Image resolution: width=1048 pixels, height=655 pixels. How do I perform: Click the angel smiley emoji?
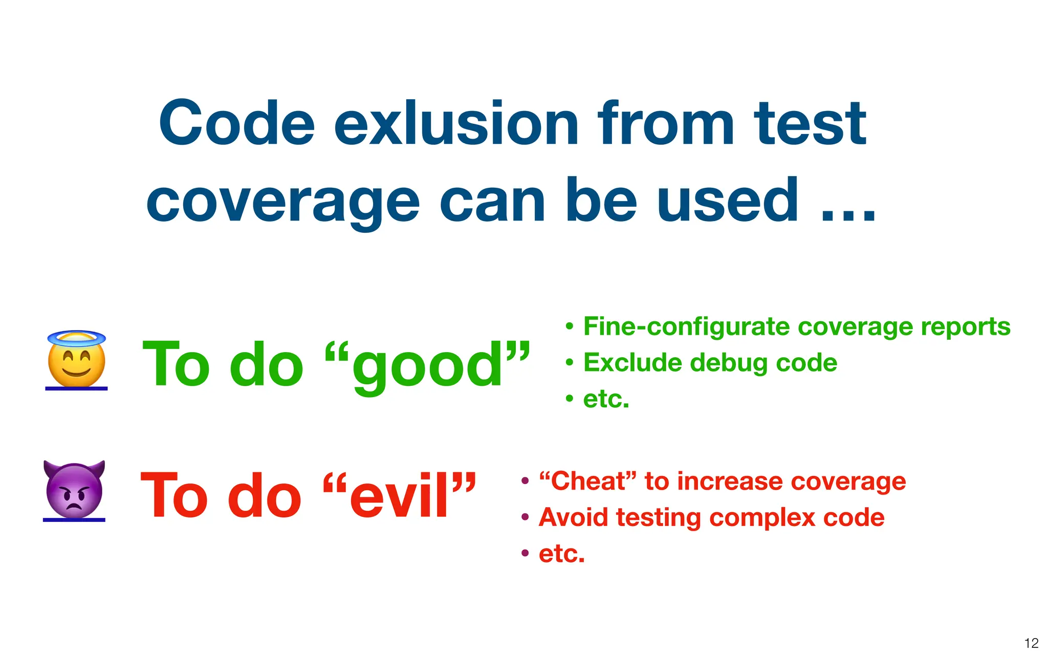(x=76, y=363)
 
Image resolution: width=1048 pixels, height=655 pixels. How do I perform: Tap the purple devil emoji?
(x=74, y=489)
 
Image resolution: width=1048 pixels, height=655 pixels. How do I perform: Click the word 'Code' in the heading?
(x=236, y=124)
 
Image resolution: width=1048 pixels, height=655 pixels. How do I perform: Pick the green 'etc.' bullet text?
(x=606, y=399)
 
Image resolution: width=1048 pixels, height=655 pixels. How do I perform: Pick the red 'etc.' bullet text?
(x=561, y=554)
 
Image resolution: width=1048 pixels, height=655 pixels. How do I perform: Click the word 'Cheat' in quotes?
(x=588, y=482)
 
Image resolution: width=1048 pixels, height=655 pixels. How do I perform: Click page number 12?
(x=1031, y=643)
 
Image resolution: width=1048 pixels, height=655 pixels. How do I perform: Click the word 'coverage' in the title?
(x=282, y=202)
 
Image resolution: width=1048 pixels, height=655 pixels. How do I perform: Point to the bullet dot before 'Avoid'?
(x=525, y=517)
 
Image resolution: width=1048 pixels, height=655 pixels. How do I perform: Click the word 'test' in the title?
(x=810, y=124)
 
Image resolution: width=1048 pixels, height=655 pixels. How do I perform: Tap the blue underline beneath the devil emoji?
(x=74, y=520)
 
